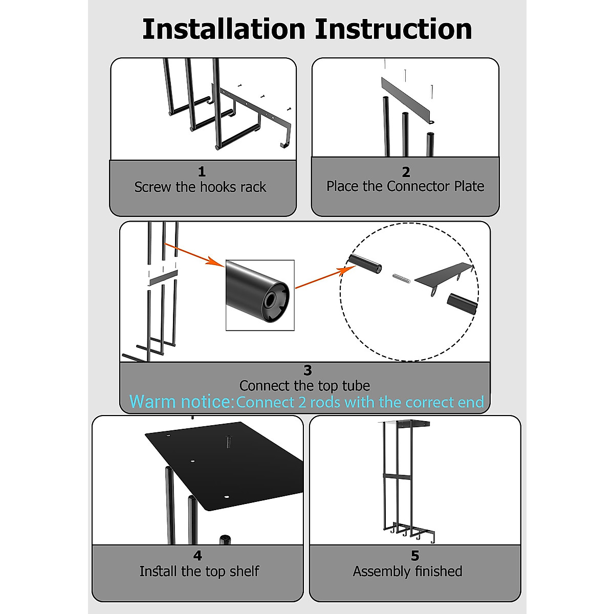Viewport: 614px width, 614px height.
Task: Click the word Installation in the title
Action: point(224,29)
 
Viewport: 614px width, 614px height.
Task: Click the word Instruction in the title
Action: point(393,29)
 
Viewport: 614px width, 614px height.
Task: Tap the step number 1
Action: point(202,172)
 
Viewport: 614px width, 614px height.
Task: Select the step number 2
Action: point(406,172)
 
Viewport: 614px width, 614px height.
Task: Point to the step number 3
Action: point(308,370)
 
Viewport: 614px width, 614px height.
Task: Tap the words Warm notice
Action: point(181,402)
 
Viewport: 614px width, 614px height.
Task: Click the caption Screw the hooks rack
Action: point(200,187)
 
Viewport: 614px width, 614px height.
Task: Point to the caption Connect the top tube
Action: point(304,386)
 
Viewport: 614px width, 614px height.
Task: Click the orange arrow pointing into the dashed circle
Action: point(325,277)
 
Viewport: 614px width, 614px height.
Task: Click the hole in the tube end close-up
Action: point(271,299)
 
